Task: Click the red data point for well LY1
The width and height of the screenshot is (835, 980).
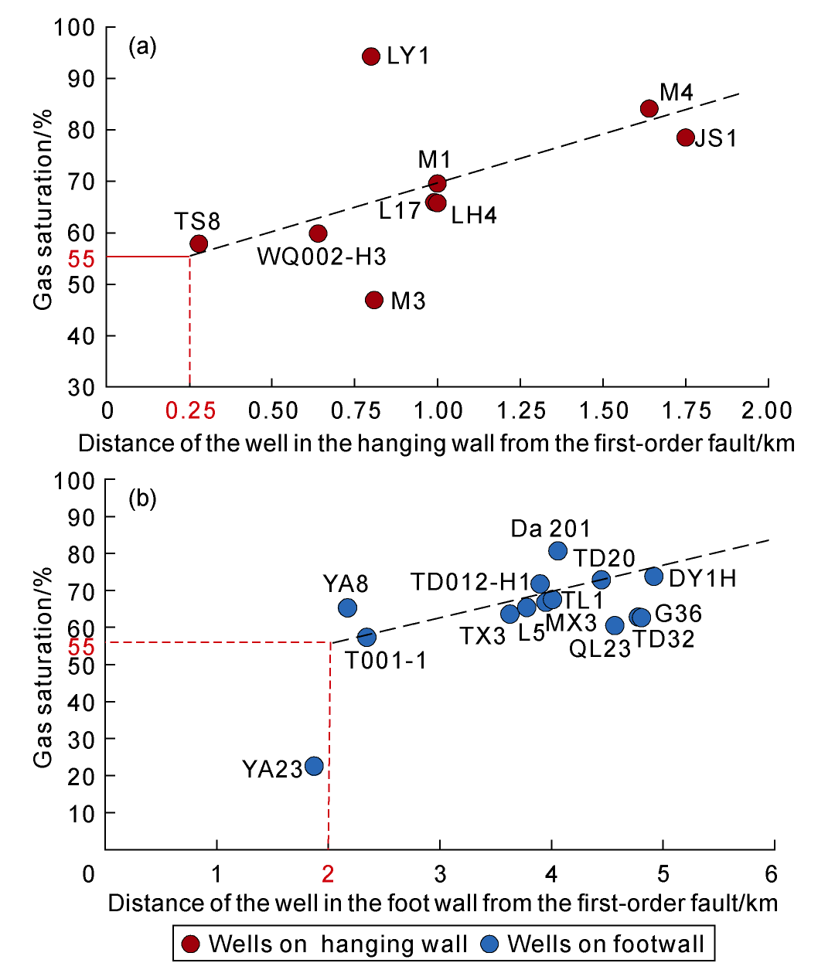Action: tap(371, 56)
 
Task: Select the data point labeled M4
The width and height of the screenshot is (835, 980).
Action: tap(649, 108)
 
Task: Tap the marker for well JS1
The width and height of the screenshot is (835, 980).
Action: tap(685, 138)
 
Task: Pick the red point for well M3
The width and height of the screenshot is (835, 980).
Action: tap(374, 300)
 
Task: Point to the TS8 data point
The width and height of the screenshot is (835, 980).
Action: tap(199, 244)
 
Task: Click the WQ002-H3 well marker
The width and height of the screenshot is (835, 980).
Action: tap(318, 233)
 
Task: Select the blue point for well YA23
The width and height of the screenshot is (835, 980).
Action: tap(314, 766)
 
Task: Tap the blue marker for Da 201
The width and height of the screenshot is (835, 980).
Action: tap(557, 551)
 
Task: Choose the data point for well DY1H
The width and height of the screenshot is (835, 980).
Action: tap(653, 576)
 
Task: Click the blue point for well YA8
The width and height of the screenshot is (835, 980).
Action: tap(348, 607)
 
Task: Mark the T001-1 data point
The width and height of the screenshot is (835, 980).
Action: tap(366, 638)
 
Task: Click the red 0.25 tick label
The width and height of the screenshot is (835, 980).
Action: tap(190, 410)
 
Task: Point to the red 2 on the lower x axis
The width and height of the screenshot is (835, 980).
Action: tap(329, 874)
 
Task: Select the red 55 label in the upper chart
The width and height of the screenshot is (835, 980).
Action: tap(81, 259)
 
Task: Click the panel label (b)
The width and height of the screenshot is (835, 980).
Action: tap(142, 499)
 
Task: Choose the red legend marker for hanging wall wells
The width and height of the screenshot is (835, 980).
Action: tap(190, 944)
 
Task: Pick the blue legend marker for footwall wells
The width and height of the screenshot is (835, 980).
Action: tap(489, 944)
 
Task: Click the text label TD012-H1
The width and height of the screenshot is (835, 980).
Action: tap(470, 582)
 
